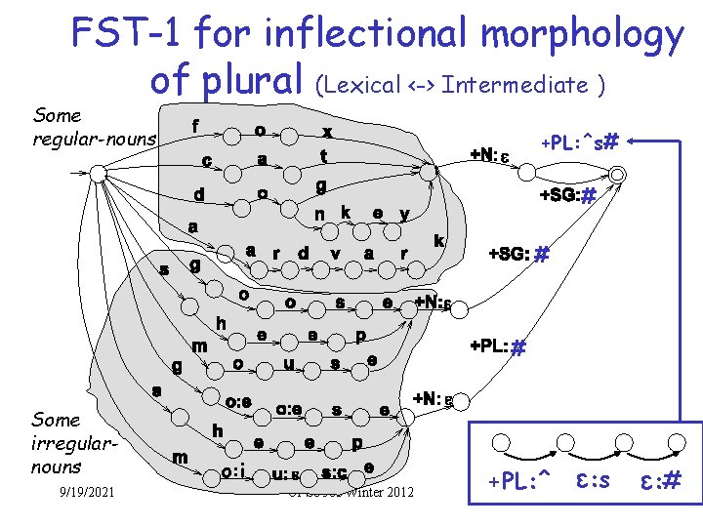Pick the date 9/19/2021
coord(86,490)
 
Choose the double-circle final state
coord(617,173)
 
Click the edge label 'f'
coord(195,126)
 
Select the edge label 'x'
coord(327,131)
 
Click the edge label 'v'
coord(335,253)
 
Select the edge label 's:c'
coord(335,474)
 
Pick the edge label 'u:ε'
coord(285,474)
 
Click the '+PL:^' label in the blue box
coord(519,479)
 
